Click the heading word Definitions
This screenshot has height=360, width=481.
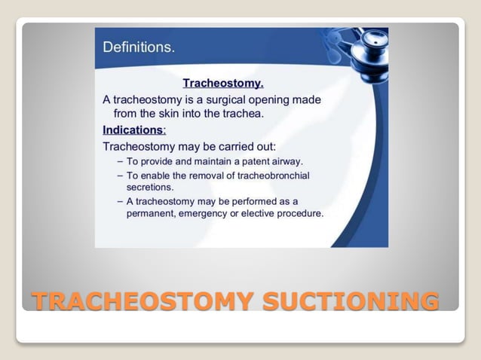pos(138,47)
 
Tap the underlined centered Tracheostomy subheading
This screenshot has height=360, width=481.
pos(223,83)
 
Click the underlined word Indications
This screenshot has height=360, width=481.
pos(133,130)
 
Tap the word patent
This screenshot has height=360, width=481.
pos(253,161)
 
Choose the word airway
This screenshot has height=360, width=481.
pos(288,161)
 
